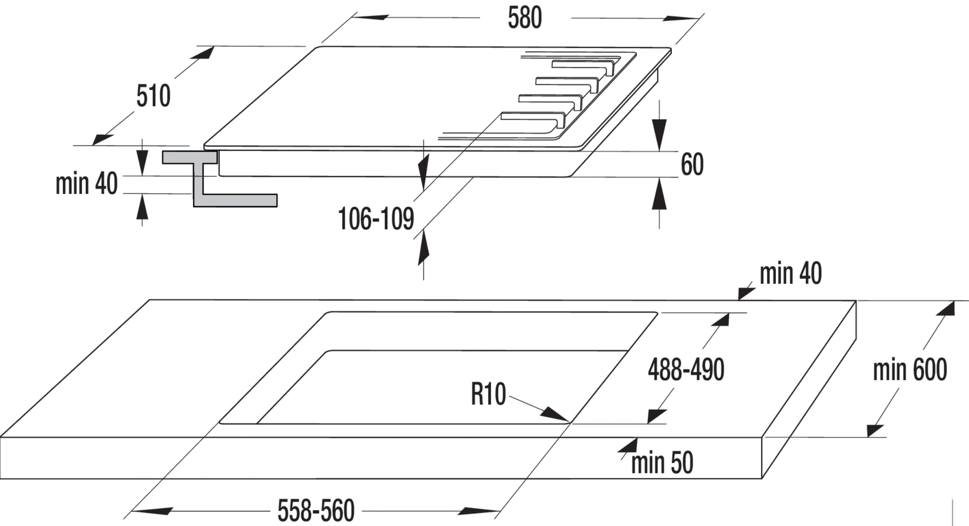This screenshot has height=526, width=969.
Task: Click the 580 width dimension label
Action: click(x=525, y=19)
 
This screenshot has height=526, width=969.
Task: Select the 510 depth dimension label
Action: click(x=153, y=96)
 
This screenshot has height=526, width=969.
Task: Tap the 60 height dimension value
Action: click(x=692, y=165)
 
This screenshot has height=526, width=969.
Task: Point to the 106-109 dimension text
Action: click(x=376, y=219)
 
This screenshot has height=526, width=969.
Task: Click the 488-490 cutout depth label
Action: click(x=686, y=370)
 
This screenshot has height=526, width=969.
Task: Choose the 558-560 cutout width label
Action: click(x=316, y=511)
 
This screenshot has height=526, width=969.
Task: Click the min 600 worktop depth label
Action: click(x=910, y=370)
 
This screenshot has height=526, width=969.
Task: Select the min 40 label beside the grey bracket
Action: click(x=87, y=184)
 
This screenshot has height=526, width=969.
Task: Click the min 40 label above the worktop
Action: click(x=791, y=273)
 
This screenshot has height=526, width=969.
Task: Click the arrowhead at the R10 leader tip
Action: click(x=555, y=414)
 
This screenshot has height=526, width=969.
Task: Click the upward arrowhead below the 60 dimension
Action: click(x=659, y=195)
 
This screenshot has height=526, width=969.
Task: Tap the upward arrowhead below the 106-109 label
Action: click(x=423, y=246)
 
